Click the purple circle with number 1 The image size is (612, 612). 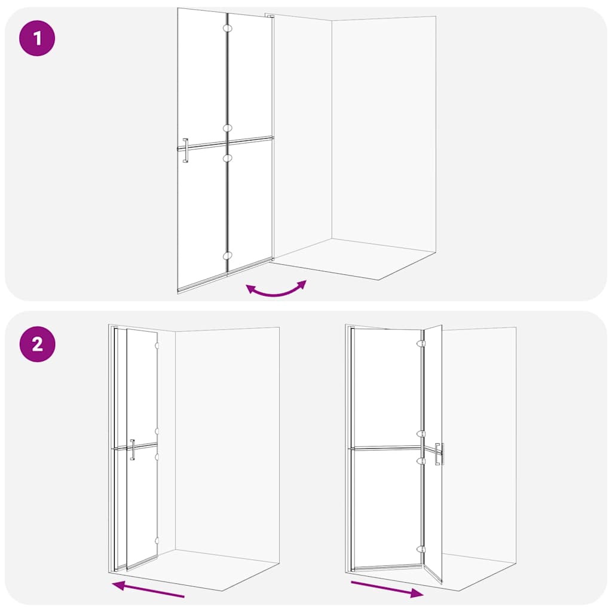[38, 39]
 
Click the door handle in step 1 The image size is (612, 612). [185, 150]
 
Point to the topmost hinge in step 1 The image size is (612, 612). [227, 28]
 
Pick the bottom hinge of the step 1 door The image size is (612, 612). [227, 256]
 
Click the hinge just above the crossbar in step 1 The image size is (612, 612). [227, 128]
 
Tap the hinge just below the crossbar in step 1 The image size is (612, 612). [227, 157]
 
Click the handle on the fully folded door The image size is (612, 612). [132, 449]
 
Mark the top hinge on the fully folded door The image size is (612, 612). [157, 345]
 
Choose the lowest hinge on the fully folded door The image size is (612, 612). [157, 540]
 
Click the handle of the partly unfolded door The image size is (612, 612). [439, 454]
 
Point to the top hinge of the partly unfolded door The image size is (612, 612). [421, 344]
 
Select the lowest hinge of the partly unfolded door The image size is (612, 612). [421, 549]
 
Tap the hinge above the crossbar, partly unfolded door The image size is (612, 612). [421, 434]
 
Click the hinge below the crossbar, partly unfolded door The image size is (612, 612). [421, 461]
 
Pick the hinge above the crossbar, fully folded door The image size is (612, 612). [157, 430]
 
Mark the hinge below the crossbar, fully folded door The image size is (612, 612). [157, 456]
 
